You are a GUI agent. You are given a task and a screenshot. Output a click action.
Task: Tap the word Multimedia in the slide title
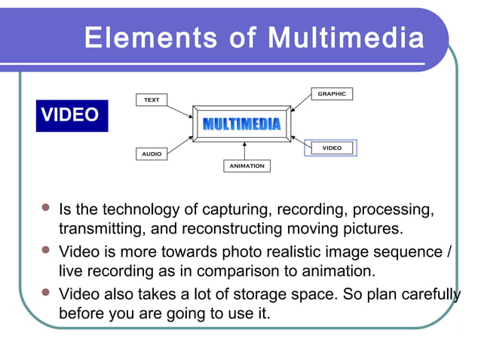[345, 37]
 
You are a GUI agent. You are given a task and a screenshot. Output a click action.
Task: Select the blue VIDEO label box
[72, 115]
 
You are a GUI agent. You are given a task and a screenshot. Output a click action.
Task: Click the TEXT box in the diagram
[152, 99]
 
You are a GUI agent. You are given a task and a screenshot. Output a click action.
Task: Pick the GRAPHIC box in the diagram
[332, 94]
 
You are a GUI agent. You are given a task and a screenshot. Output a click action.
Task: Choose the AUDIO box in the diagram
[152, 154]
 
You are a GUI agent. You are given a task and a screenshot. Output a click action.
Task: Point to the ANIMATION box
[247, 166]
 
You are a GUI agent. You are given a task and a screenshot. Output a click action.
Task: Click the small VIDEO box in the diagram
[331, 148]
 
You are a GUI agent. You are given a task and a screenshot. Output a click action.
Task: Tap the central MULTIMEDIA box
[241, 124]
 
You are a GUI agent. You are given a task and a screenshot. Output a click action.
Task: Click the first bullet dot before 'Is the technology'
[46, 209]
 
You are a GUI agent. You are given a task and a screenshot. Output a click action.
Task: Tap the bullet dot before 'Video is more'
[46, 251]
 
